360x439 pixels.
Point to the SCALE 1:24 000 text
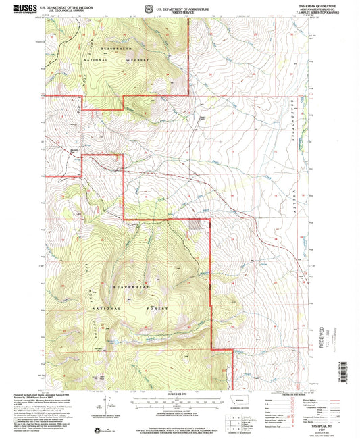[x=179, y=391]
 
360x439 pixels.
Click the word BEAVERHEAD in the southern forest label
[x=130, y=287]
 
